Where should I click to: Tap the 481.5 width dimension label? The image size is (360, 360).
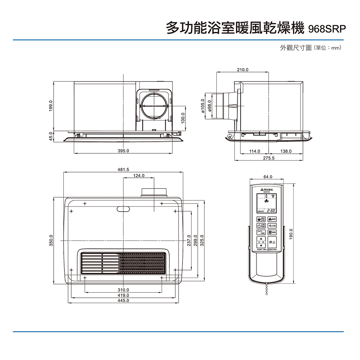123,170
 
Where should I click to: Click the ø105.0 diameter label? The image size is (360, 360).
203,106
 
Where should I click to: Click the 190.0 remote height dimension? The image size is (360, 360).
292,234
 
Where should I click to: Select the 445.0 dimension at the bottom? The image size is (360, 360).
123,300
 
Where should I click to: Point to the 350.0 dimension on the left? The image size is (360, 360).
51,240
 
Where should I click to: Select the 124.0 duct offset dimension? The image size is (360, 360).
139,175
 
